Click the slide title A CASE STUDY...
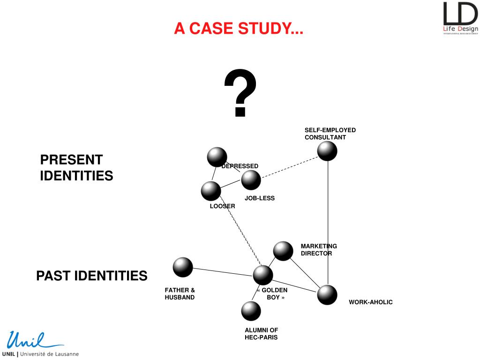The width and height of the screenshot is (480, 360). pos(239,29)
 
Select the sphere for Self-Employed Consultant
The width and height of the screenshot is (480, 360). pos(327,151)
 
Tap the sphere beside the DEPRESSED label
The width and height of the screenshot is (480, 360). pos(217,157)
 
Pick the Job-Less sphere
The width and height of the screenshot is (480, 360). pos(251,180)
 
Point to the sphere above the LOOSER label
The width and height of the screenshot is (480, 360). pos(211,191)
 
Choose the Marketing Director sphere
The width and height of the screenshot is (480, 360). pos(283,251)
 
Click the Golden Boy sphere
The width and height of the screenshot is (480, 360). pos(263,275)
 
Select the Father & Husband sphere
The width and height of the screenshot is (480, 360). pos(183,267)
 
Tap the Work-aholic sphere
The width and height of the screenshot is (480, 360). pos(327,295)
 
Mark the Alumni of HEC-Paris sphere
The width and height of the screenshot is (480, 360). pos(251,311)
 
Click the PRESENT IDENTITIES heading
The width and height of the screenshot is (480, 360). pos(76,168)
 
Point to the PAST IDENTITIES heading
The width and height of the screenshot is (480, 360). pos(92,276)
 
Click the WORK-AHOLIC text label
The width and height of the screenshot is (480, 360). pos(370,302)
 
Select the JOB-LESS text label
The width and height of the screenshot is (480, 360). pos(259,198)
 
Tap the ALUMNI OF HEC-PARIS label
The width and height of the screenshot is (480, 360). pos(261,334)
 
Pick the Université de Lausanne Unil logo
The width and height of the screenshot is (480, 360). pos(40,344)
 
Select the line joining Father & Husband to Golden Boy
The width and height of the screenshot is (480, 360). pos(223,271)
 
